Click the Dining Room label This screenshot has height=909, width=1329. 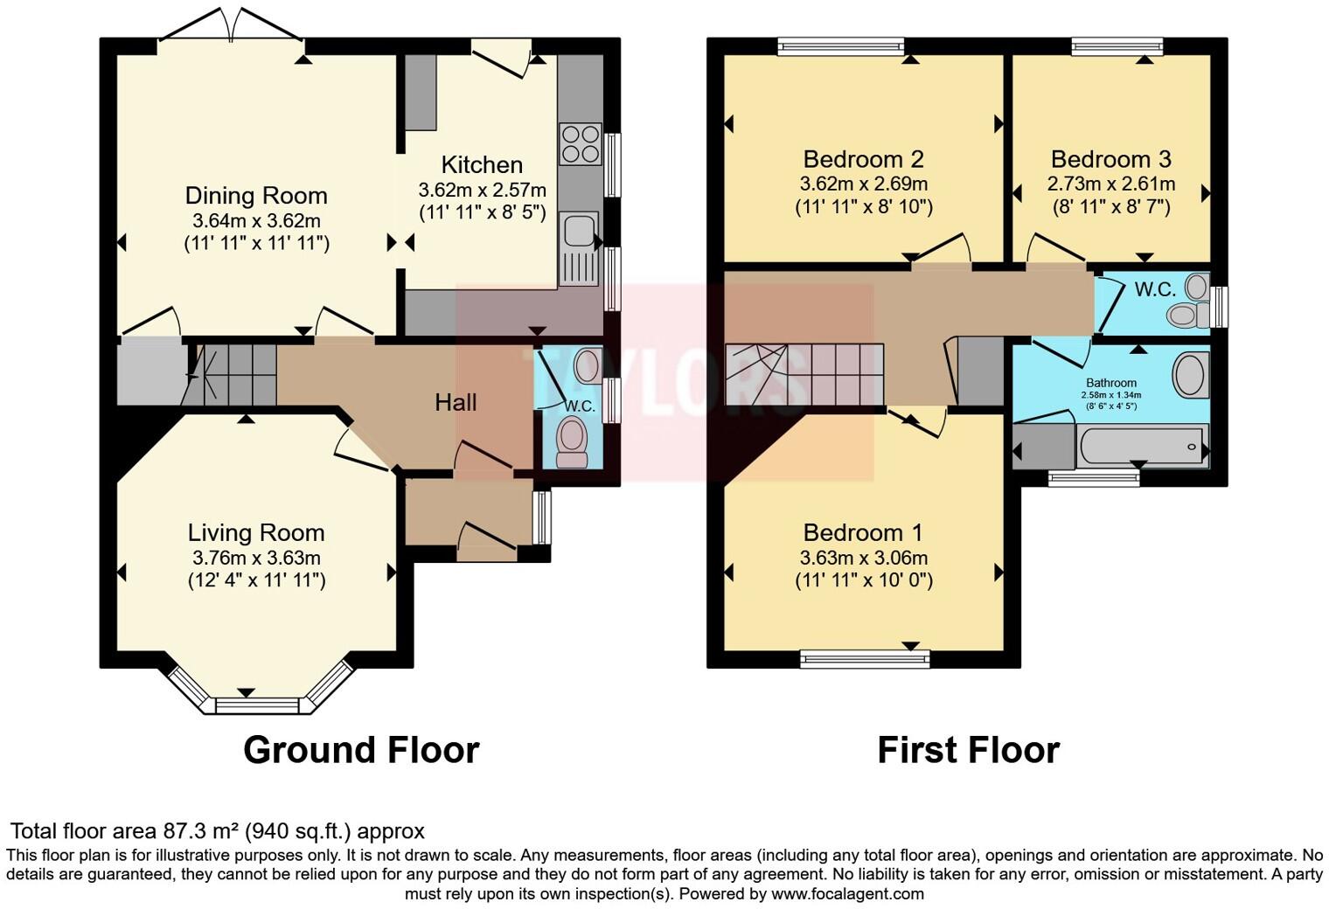(255, 196)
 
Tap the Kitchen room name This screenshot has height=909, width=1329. (482, 164)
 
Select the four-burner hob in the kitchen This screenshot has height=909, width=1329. (581, 143)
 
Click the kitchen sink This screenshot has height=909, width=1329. (579, 232)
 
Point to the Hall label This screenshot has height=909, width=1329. (456, 402)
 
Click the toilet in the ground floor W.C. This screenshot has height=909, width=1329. (572, 440)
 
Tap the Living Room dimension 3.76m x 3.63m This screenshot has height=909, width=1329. (255, 558)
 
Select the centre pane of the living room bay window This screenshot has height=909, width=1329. (257, 704)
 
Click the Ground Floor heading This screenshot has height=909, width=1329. (361, 750)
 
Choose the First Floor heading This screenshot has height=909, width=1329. (968, 750)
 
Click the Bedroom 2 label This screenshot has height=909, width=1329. (863, 159)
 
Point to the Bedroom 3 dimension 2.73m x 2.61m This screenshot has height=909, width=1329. (1110, 184)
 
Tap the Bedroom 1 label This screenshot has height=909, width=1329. (863, 532)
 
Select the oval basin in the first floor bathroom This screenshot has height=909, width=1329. (1189, 374)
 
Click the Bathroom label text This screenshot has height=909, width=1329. (1110, 383)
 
